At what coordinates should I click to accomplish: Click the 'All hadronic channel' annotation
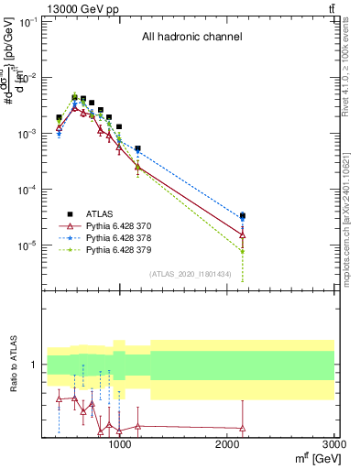coord(191,38)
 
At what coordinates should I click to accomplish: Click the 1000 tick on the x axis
coord(119,444)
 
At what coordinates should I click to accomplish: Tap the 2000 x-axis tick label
coord(227,444)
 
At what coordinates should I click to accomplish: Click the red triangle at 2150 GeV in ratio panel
coord(242,428)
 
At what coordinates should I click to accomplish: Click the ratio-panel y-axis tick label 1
coord(34,365)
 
